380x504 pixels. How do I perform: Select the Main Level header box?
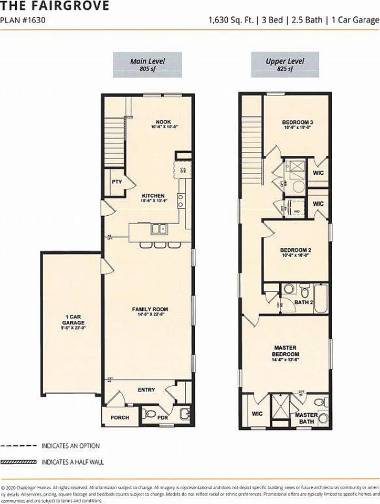point(147,65)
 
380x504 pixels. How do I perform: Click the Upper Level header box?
point(284,65)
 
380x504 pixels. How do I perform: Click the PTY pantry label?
point(117,182)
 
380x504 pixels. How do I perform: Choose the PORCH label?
point(119,418)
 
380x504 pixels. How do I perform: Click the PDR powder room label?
point(163,418)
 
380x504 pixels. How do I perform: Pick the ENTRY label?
point(146,390)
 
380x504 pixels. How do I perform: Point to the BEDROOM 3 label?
point(298,124)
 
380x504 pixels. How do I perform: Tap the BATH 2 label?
point(303,302)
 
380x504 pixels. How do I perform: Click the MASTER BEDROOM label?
point(285,351)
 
